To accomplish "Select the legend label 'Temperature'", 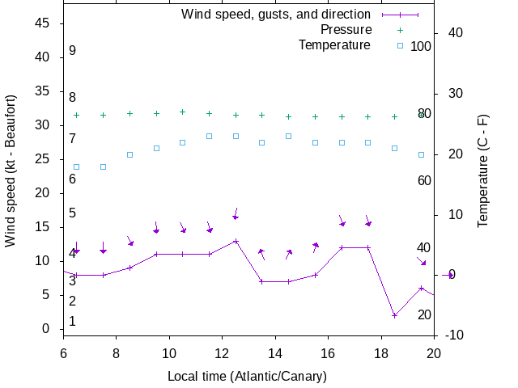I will (334, 45).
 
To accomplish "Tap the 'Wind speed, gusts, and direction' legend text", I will (276, 15).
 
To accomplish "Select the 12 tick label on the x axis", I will (222, 352).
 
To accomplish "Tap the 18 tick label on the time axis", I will (381, 352).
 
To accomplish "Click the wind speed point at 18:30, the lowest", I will (394, 315).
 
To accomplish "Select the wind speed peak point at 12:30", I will (236, 241).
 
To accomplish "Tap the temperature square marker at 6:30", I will (77, 167).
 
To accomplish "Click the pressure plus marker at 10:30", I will (183, 112).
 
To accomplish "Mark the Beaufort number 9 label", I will (72, 51).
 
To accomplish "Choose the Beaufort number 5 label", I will (72, 213).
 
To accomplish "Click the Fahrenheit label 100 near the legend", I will (421, 46).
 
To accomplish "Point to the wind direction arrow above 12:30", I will (236, 213).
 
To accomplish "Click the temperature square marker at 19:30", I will (421, 154).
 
